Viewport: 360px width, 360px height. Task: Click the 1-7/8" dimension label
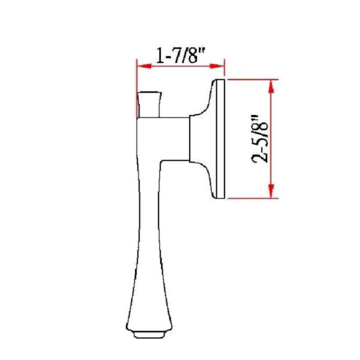click(x=180, y=55)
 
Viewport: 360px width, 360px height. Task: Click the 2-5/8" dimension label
click(x=260, y=139)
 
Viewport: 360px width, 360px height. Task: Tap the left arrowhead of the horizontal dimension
click(x=144, y=66)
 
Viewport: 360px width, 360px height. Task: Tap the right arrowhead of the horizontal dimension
click(x=217, y=66)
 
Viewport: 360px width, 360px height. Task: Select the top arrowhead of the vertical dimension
click(x=271, y=86)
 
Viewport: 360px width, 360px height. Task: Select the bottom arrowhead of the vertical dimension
click(x=271, y=191)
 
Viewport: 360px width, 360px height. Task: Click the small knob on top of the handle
click(x=149, y=104)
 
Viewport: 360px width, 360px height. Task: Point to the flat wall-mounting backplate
click(x=221, y=139)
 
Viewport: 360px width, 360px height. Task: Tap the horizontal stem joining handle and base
click(x=175, y=139)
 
